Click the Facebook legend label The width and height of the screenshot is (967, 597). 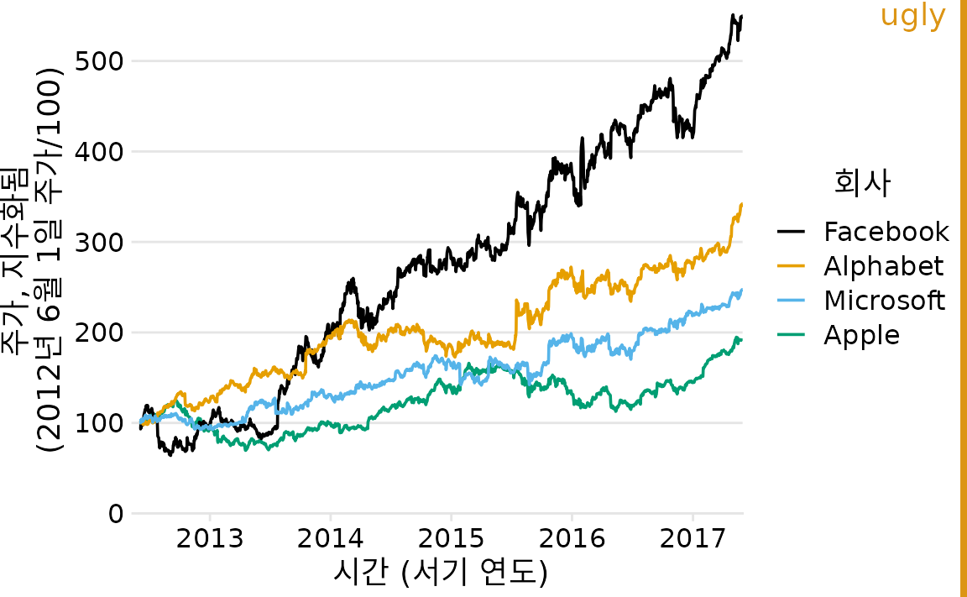coord(886,232)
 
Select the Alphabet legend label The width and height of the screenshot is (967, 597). coord(883,266)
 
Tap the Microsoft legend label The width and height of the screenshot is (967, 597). coord(884,301)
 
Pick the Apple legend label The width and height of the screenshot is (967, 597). coord(861,335)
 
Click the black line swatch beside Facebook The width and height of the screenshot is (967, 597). coord(792,232)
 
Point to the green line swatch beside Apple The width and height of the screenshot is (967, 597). coord(792,335)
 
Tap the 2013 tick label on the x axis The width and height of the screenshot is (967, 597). coord(210,537)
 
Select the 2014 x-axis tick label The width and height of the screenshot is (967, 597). coord(331,537)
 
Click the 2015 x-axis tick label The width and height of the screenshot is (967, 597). coord(451,537)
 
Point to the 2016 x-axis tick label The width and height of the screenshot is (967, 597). coord(572,537)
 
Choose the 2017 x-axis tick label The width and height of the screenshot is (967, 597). coord(693,537)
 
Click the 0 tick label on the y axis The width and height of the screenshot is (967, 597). coord(115,514)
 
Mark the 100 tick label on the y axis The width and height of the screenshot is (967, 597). coord(100,423)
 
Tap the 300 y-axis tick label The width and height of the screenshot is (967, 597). coord(100,243)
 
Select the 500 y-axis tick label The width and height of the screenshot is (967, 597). coord(100,61)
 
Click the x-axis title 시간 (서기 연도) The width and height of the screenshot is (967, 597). coord(440,573)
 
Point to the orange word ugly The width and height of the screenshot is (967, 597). coord(913,16)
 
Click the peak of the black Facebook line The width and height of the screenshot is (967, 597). coord(733,16)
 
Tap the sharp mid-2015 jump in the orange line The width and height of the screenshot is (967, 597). coord(515,323)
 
